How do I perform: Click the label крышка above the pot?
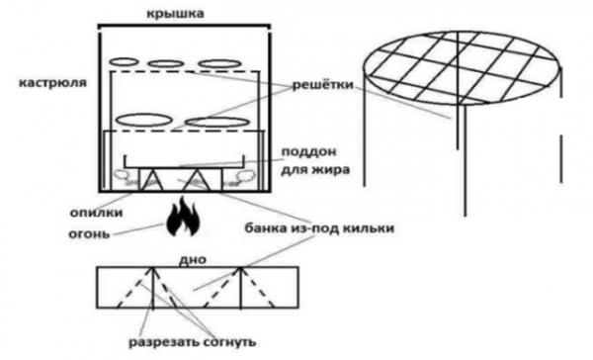(x=175, y=14)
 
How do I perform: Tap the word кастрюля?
(x=53, y=83)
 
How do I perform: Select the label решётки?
(x=322, y=84)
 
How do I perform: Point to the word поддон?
(x=309, y=152)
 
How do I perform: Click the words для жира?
(x=315, y=169)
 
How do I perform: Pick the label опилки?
(x=97, y=213)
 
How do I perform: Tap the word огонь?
(x=89, y=233)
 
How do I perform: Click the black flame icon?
(x=182, y=217)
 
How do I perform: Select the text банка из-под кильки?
(x=319, y=228)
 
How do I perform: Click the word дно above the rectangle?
(x=194, y=260)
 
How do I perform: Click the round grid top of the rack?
(x=461, y=68)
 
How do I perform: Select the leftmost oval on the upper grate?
(x=124, y=61)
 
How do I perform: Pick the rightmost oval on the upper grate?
(x=214, y=63)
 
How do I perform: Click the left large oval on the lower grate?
(x=143, y=120)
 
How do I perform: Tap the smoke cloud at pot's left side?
(x=121, y=175)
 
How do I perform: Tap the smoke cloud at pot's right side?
(x=245, y=176)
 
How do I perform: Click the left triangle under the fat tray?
(x=152, y=179)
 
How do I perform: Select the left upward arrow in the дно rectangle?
(x=153, y=288)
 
